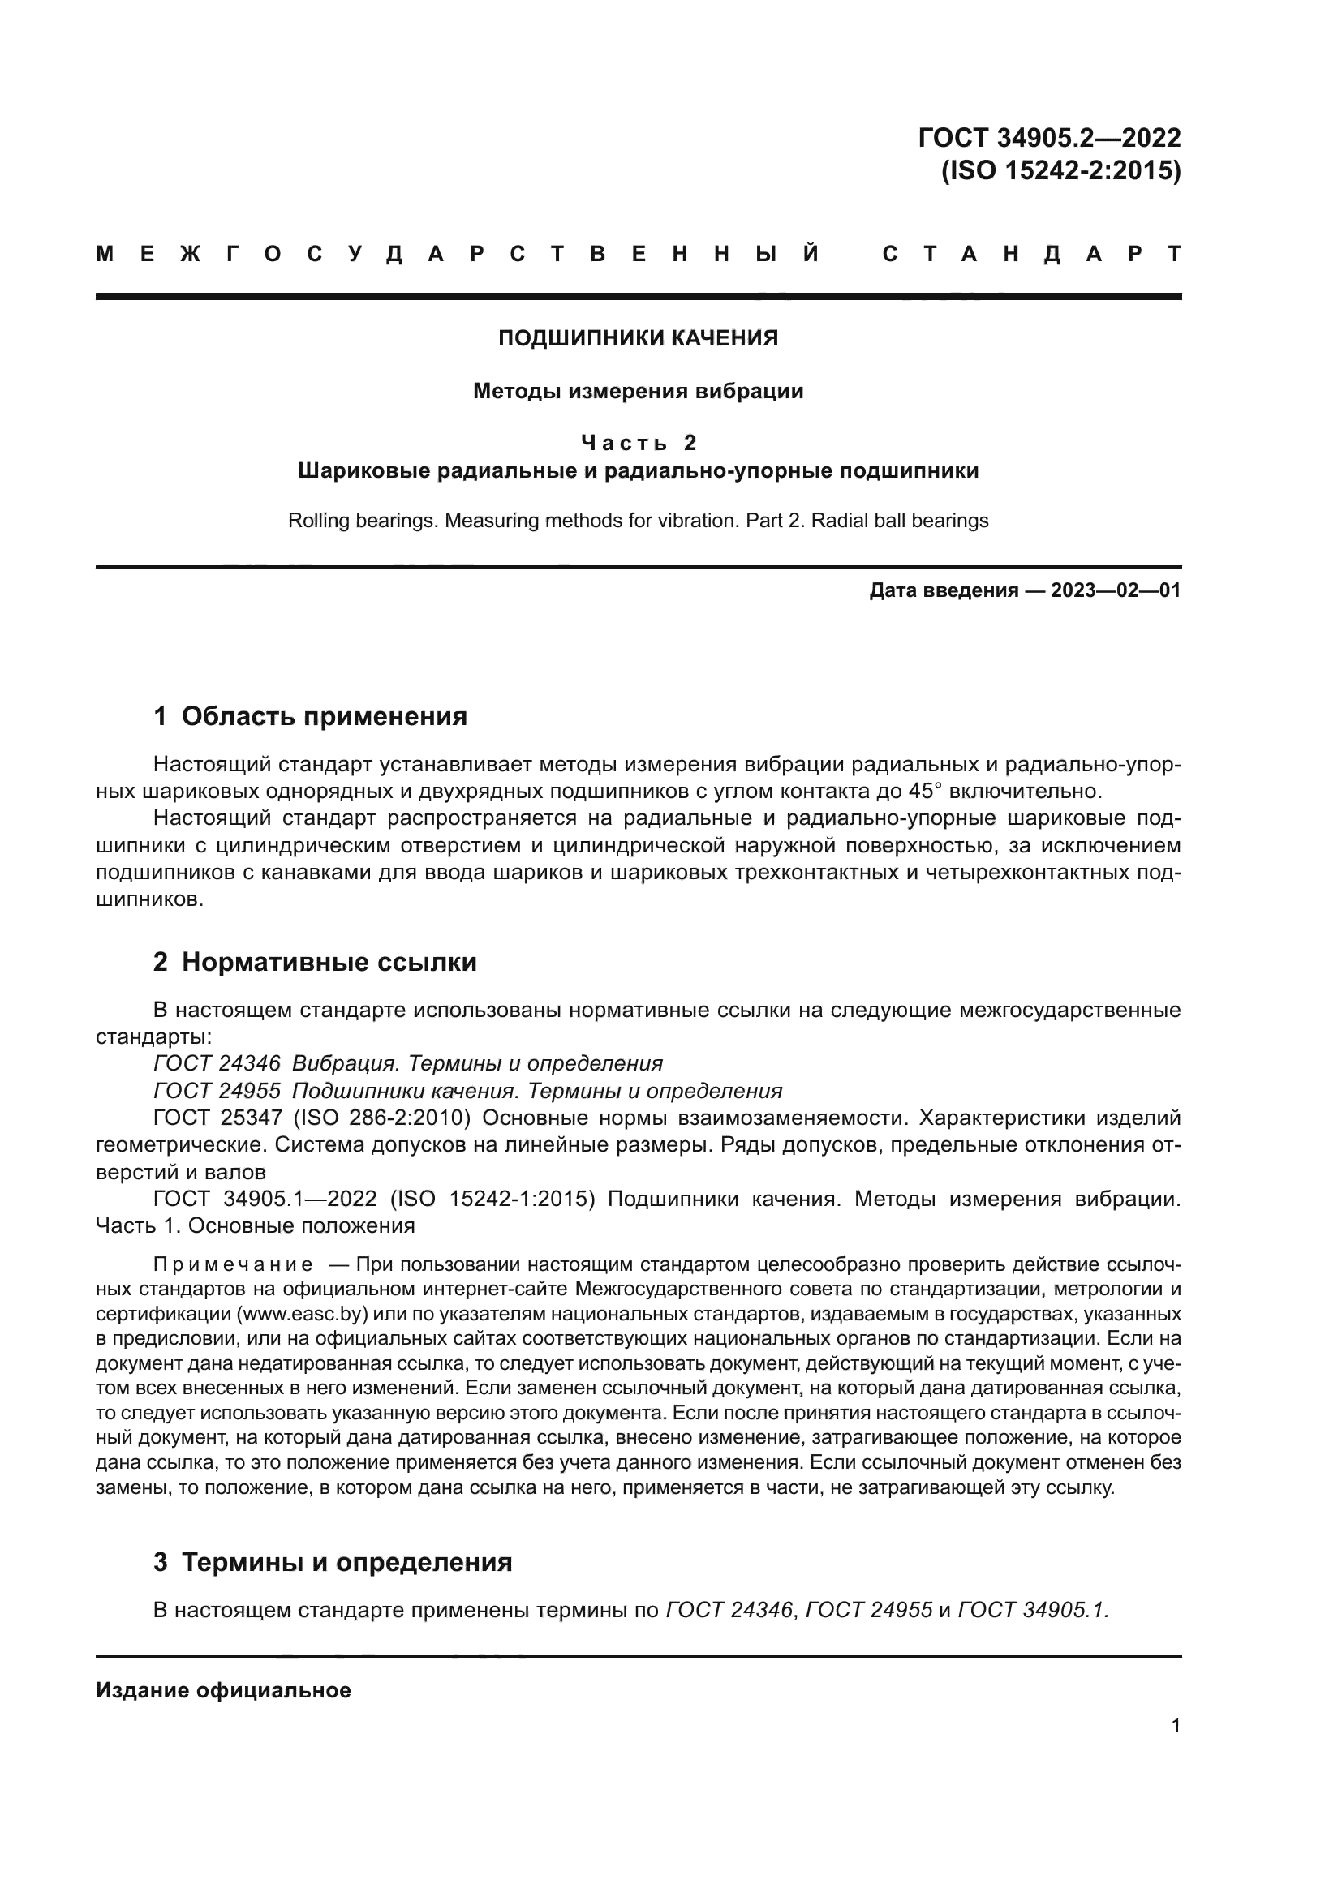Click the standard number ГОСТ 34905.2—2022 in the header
(1048, 137)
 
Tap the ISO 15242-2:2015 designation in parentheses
(1061, 170)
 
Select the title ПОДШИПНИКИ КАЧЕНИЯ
(638, 338)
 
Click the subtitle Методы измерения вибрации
(638, 391)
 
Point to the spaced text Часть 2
(638, 443)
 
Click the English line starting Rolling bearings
(638, 521)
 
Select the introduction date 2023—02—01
(1116, 590)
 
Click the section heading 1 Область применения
(310, 715)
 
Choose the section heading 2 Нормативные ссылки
(315, 962)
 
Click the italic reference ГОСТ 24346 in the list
(217, 1063)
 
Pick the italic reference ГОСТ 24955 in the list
(217, 1091)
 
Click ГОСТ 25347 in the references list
(217, 1118)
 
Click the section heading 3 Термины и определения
(332, 1561)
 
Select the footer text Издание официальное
(223, 1689)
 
